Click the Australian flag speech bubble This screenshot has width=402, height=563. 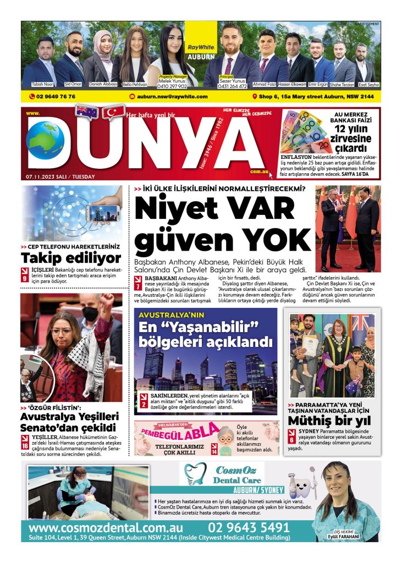tap(87, 112)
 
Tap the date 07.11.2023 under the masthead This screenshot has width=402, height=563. tap(41, 176)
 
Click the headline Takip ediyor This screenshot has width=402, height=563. tap(71, 258)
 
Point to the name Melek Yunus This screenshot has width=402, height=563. tap(173, 81)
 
